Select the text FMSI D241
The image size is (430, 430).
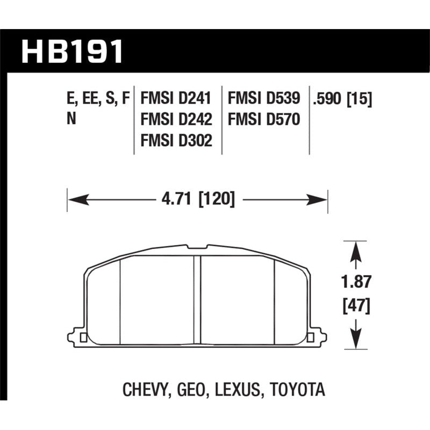pyautogui.click(x=176, y=99)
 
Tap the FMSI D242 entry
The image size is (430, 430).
pyautogui.click(x=176, y=119)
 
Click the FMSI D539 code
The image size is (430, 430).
pyautogui.click(x=264, y=99)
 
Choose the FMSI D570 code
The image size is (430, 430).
pyautogui.click(x=264, y=119)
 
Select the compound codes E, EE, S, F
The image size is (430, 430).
pyautogui.click(x=98, y=99)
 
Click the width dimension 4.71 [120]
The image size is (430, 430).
pyautogui.click(x=197, y=200)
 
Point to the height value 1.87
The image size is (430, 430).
pyautogui.click(x=355, y=282)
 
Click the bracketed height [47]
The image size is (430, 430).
pyautogui.click(x=355, y=306)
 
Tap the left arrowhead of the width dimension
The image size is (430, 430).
pyautogui.click(x=75, y=200)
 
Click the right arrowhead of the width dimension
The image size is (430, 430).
pyautogui.click(x=319, y=200)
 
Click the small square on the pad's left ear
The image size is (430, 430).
pyautogui.click(x=83, y=338)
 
